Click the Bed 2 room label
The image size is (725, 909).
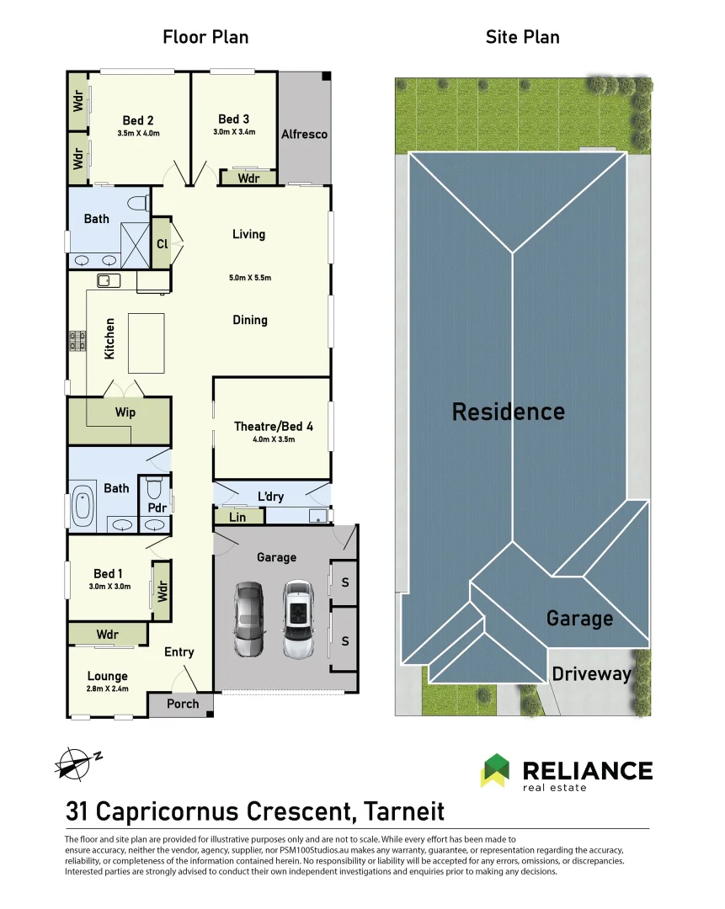pyautogui.click(x=138, y=120)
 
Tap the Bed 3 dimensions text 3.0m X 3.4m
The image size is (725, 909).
pyautogui.click(x=234, y=132)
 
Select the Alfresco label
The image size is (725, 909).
pyautogui.click(x=304, y=135)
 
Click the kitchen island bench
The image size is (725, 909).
pyautogui.click(x=147, y=343)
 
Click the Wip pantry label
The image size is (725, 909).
pyautogui.click(x=125, y=413)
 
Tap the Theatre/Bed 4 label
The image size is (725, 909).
pyautogui.click(x=273, y=427)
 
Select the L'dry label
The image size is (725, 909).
pyautogui.click(x=271, y=497)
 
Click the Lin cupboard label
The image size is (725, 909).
pyautogui.click(x=237, y=517)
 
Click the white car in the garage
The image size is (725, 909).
pyautogui.click(x=298, y=619)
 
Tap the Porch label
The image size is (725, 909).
pyautogui.click(x=183, y=704)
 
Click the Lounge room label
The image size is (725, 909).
pyautogui.click(x=108, y=676)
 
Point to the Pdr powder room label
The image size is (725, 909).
pyautogui.click(x=156, y=508)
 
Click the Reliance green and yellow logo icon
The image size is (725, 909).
pyautogui.click(x=494, y=769)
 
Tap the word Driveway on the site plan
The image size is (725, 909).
pyautogui.click(x=591, y=674)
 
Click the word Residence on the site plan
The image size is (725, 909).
pyautogui.click(x=508, y=412)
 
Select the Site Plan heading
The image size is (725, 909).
pyautogui.click(x=522, y=37)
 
